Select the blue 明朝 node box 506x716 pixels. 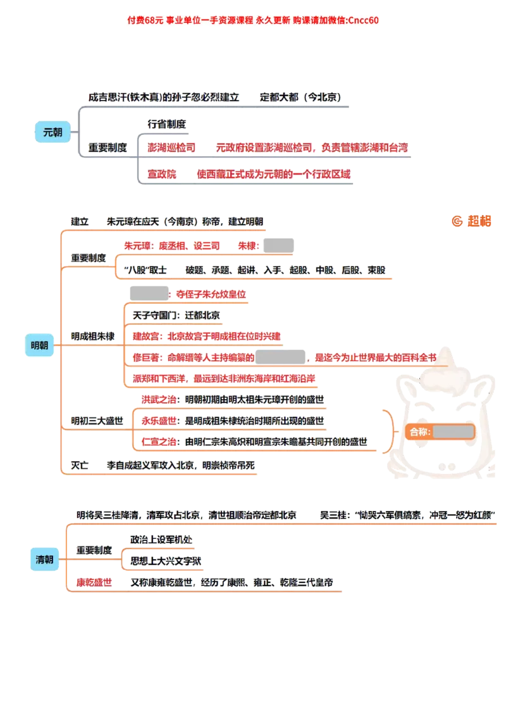[40, 345]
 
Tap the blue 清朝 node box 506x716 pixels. [44, 559]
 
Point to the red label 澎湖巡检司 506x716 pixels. [171, 147]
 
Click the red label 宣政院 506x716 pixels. [162, 174]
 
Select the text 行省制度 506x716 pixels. [167, 125]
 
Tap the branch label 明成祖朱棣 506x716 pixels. [93, 336]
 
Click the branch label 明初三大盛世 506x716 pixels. [97, 420]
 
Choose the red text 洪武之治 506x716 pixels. [159, 400]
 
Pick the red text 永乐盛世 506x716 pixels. [159, 421]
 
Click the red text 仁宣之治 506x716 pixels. [159, 441]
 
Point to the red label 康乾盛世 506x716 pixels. [94, 583]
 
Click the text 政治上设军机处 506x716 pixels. [163, 541]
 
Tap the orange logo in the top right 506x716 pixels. [471, 221]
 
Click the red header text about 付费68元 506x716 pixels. [252, 20]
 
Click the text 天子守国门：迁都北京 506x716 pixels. [176, 314]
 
